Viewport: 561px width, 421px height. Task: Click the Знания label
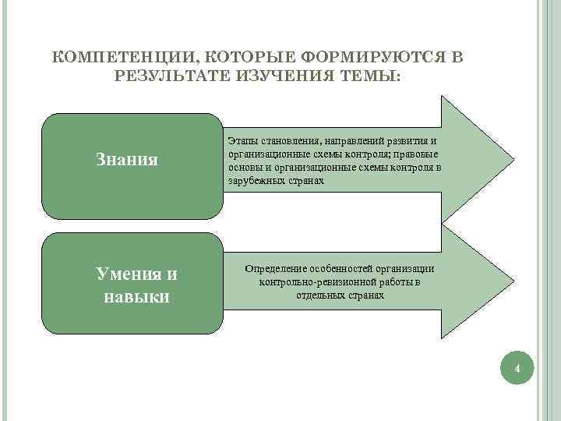[x=127, y=160]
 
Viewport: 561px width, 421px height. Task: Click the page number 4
[x=517, y=367]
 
